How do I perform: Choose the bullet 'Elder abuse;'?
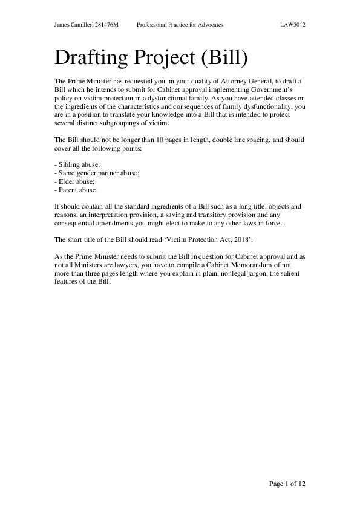click(74, 181)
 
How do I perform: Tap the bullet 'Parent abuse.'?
click(76, 189)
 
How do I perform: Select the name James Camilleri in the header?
click(73, 25)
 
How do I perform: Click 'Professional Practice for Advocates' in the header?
click(180, 25)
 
